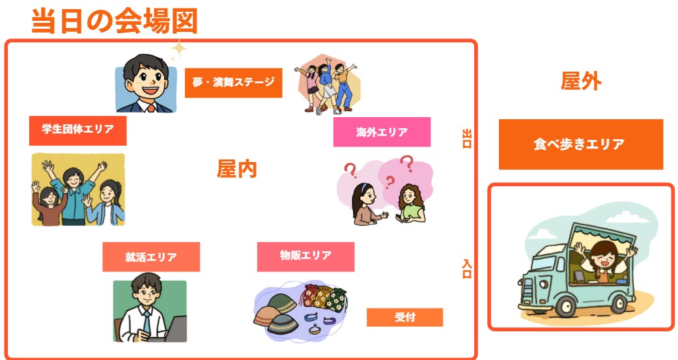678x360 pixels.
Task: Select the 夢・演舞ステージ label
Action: tap(233, 83)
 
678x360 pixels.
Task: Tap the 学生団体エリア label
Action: tap(78, 130)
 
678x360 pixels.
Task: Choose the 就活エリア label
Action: tap(150, 257)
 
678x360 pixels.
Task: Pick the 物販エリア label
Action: tap(305, 256)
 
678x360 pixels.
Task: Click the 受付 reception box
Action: tap(404, 318)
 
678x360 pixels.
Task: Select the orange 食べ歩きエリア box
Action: tap(580, 145)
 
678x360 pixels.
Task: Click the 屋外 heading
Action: tap(580, 81)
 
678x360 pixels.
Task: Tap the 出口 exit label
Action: tap(466, 139)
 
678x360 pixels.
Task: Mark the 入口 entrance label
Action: tap(466, 269)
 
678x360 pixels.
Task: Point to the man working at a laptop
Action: tap(149, 311)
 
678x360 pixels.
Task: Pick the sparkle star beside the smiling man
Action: tap(177, 49)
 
